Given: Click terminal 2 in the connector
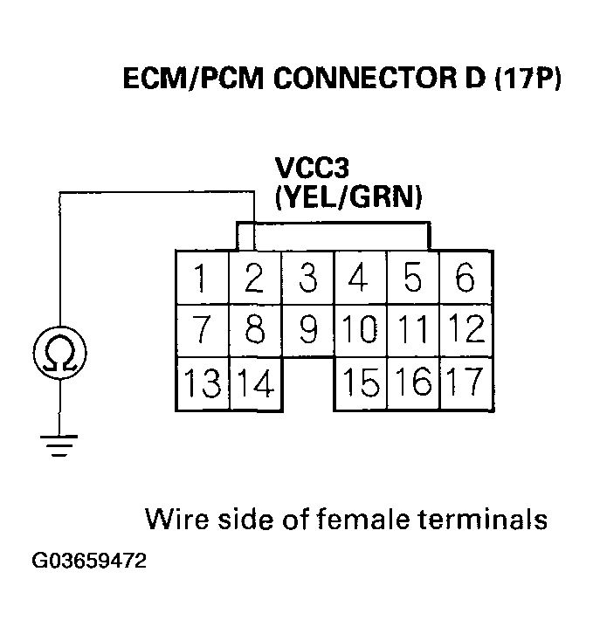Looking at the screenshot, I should [x=254, y=279].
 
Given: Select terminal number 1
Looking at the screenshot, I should [x=202, y=279].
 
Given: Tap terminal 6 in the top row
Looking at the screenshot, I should [x=465, y=279].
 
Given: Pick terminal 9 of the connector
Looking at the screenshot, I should [x=307, y=330].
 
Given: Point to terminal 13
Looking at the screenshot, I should [x=203, y=383].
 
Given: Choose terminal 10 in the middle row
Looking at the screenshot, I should [x=360, y=330].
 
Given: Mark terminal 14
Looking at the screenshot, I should [x=256, y=383].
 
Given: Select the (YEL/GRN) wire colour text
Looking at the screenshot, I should [x=348, y=197].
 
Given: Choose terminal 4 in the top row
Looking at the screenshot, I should [x=360, y=279].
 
